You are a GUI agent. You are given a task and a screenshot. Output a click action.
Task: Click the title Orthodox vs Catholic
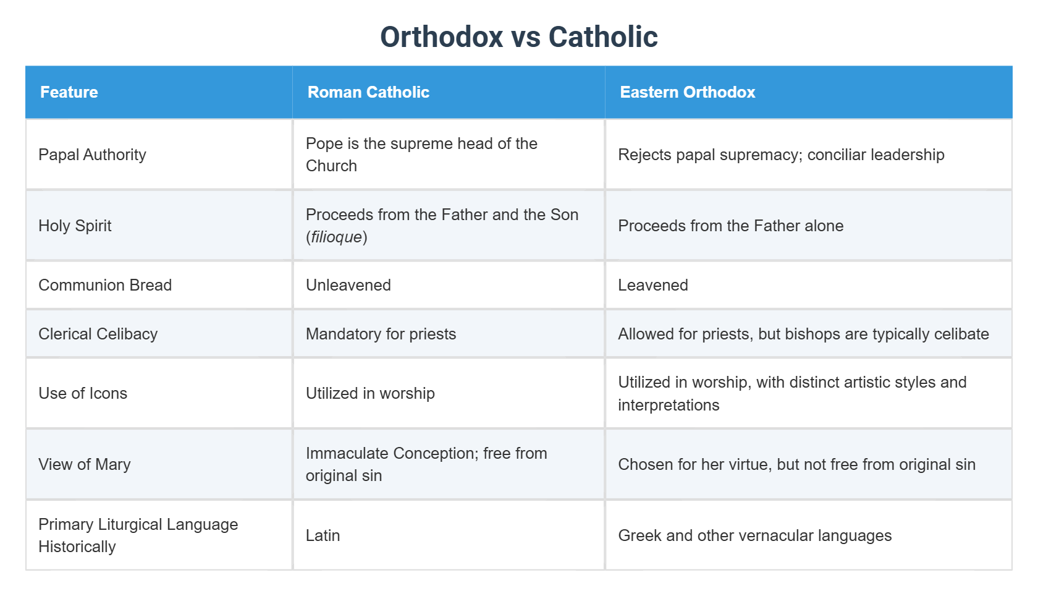click(518, 37)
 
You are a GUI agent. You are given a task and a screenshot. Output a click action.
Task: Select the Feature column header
click(69, 92)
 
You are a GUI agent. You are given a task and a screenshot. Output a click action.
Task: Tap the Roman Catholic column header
click(368, 92)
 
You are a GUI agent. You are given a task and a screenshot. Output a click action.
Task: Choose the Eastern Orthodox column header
click(687, 92)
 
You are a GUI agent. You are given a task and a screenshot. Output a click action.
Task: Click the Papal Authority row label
click(92, 155)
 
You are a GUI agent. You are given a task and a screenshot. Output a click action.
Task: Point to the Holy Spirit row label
click(75, 226)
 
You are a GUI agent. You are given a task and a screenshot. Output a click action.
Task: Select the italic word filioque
click(336, 237)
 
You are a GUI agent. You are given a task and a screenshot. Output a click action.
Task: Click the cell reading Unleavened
click(348, 285)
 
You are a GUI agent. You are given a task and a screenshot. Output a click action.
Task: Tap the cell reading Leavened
click(653, 285)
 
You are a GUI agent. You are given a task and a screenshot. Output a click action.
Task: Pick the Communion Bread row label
click(105, 285)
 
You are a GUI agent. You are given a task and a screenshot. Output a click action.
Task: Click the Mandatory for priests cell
click(381, 334)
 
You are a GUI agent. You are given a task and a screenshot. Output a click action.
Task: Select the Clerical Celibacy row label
click(98, 334)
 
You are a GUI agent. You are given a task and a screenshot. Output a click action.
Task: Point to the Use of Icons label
click(83, 393)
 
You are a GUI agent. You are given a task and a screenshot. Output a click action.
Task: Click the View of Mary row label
click(85, 464)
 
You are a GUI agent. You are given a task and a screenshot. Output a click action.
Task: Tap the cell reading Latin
click(323, 535)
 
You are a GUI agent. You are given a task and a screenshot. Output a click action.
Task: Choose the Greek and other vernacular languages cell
click(754, 535)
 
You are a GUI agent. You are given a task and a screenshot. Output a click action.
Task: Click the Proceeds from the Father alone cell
click(730, 226)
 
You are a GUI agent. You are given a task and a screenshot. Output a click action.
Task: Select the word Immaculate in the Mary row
click(347, 453)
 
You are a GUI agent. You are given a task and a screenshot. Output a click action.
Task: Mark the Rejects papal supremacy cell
click(781, 155)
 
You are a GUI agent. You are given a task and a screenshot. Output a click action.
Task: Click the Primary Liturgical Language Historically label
click(138, 535)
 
